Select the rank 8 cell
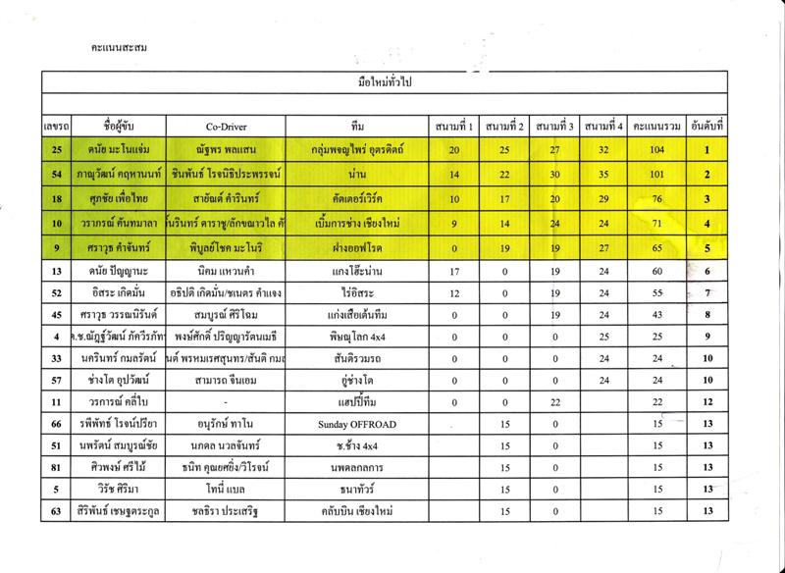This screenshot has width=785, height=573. pos(706,315)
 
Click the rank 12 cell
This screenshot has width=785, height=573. pos(706,402)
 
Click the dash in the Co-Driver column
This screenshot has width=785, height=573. pos(226,402)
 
